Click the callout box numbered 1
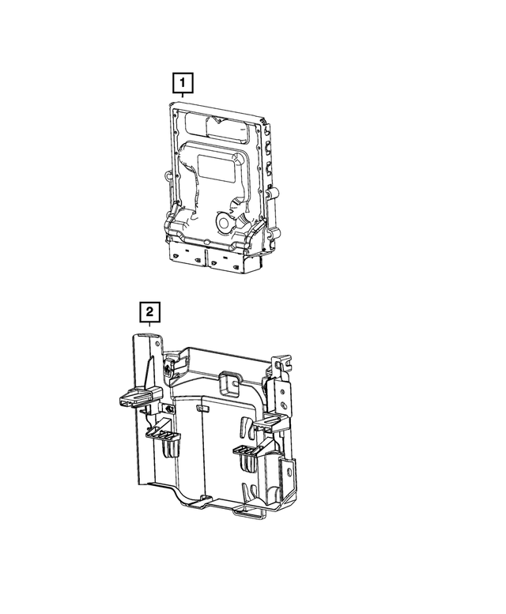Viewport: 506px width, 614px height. tap(182, 81)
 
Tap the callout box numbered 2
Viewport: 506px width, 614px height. tap(149, 313)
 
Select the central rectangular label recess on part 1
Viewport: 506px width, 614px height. tap(215, 167)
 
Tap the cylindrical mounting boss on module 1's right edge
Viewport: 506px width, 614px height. tap(274, 193)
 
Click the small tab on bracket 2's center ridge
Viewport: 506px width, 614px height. tap(201, 409)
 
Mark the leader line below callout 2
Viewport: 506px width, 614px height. tap(149, 328)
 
